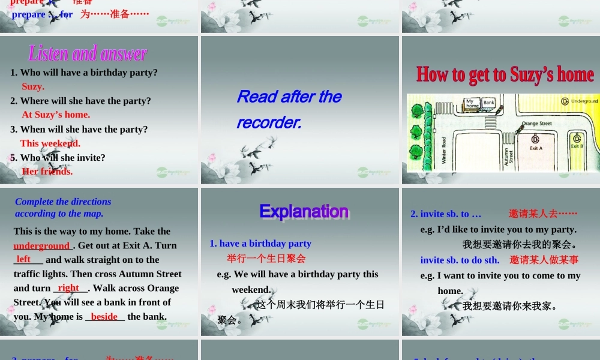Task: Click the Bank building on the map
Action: click(488, 103)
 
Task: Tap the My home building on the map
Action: click(472, 103)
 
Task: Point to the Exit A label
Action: click(536, 148)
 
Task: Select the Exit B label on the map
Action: click(577, 146)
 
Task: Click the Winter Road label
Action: click(444, 150)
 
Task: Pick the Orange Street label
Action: click(536, 124)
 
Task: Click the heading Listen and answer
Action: click(88, 54)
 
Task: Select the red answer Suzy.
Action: click(33, 86)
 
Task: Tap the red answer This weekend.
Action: click(50, 143)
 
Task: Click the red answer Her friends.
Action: click(47, 171)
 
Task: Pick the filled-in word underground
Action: click(42, 245)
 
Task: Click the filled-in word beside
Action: click(104, 316)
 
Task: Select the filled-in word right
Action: click(68, 288)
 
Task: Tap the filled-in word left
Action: click(24, 259)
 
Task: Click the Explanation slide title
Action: click(304, 211)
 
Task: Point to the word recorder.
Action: click(269, 122)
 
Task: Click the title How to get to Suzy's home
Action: click(505, 74)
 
